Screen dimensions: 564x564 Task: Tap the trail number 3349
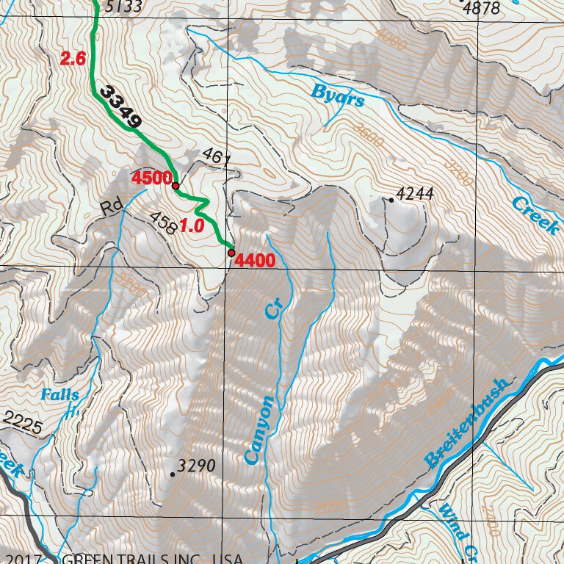point(121,108)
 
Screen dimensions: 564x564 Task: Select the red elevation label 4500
point(151,178)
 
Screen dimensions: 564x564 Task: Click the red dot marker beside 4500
point(176,186)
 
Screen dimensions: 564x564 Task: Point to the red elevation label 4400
point(256,261)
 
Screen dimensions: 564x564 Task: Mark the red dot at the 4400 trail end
point(231,253)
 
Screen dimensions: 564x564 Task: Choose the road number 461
point(211,156)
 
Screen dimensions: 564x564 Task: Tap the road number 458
point(163,223)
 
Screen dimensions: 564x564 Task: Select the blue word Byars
point(337,95)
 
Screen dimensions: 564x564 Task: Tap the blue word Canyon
point(259,430)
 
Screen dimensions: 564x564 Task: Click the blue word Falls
point(59,395)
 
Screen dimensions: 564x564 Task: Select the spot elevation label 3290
point(196,466)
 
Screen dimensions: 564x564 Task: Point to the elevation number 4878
point(482,8)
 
